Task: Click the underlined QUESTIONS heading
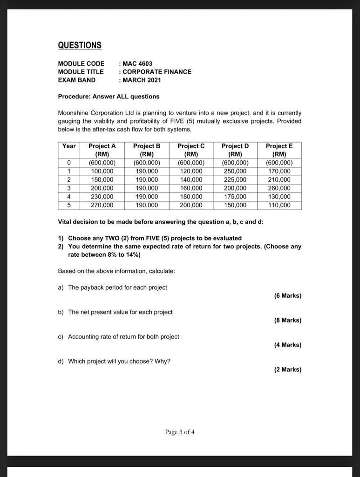(79, 45)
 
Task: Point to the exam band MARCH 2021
(142, 80)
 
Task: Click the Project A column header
(102, 150)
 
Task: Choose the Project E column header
(279, 150)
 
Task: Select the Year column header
(69, 146)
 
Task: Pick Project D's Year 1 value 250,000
(235, 171)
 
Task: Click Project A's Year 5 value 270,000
(102, 205)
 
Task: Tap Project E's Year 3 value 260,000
(279, 188)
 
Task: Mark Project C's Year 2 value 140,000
(191, 180)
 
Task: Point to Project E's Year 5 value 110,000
(279, 205)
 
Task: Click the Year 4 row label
(69, 197)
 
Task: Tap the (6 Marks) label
(287, 296)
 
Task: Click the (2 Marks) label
(287, 369)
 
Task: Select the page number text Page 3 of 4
(180, 432)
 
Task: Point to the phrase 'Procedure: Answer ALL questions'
(109, 96)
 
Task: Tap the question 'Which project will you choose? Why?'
(119, 361)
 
